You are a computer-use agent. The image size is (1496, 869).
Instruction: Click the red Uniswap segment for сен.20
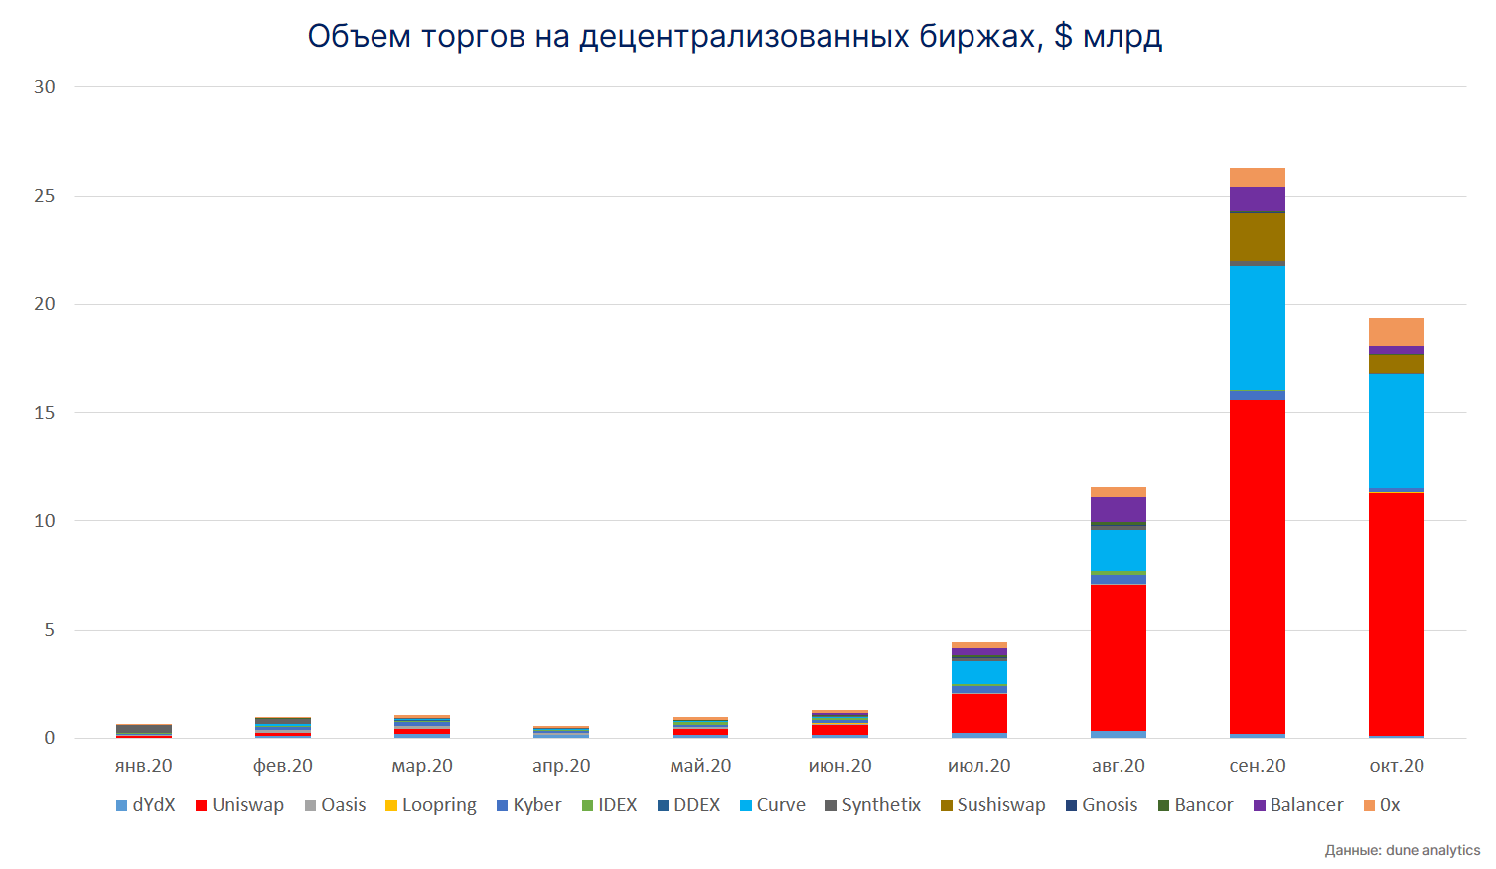(x=1257, y=566)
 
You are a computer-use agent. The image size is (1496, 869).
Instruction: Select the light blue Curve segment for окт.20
(x=1396, y=431)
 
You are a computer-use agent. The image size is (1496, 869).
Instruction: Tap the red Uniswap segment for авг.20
(x=1118, y=657)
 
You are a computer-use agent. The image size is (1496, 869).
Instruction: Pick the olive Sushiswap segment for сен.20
(x=1257, y=236)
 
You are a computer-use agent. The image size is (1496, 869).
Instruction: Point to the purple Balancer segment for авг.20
(x=1118, y=508)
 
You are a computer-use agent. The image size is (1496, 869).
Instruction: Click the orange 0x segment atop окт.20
(x=1396, y=332)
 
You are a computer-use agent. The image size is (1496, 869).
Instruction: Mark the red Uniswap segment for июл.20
(x=978, y=713)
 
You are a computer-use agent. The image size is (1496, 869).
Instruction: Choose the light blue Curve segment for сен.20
(x=1257, y=328)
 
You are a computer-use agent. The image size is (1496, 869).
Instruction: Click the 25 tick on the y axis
(x=45, y=196)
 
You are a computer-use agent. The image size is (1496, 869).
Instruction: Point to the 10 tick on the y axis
(x=45, y=521)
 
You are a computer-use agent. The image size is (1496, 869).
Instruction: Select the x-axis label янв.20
(x=144, y=766)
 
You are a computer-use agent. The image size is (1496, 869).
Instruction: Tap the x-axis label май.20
(x=700, y=766)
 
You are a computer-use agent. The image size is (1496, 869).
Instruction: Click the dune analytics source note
(x=1402, y=850)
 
